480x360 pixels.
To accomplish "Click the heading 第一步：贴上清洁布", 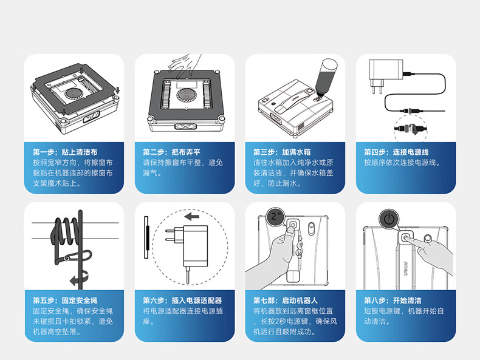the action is (65, 152).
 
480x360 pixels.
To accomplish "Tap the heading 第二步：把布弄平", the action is (172, 152).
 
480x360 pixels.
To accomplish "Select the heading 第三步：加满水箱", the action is (282, 152).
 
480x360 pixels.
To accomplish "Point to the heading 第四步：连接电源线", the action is (396, 152).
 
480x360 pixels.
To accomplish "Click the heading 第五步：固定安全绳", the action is (65, 301).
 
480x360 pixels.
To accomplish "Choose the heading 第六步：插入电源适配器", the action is (182, 301).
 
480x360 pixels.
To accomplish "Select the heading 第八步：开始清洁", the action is (393, 301).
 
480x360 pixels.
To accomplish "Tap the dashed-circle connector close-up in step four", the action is (411, 129).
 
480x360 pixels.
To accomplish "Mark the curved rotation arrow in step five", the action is (80, 278).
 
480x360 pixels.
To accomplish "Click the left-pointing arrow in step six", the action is (192, 217).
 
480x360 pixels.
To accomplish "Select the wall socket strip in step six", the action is (146, 237).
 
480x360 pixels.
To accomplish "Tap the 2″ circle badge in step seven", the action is (276, 217).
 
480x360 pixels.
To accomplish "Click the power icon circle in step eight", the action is (389, 219).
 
